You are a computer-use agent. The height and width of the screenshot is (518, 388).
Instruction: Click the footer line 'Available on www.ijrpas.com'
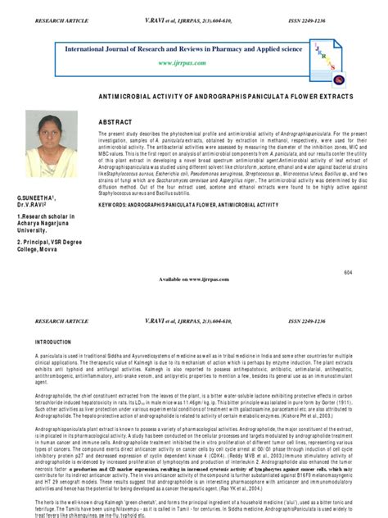(x=194, y=279)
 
